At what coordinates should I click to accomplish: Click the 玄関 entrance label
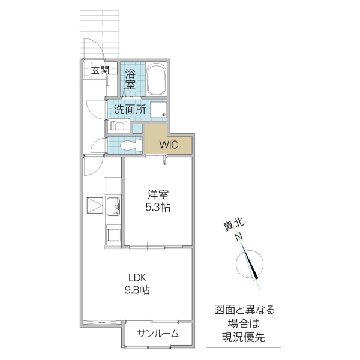pos(100,70)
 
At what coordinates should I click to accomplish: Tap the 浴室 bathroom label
pos(130,77)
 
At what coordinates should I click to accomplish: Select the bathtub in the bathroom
pos(155,79)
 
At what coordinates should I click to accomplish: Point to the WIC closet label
pos(168,144)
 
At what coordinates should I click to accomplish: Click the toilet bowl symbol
pos(128,145)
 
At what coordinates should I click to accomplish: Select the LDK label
pos(137,277)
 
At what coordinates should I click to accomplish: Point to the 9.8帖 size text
pos(137,290)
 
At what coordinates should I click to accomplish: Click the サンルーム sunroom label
pos(158,334)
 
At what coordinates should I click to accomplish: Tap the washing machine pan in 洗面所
pos(159,112)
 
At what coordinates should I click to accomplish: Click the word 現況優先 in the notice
pos(244,338)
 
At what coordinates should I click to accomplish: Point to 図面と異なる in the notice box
pos(244,310)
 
